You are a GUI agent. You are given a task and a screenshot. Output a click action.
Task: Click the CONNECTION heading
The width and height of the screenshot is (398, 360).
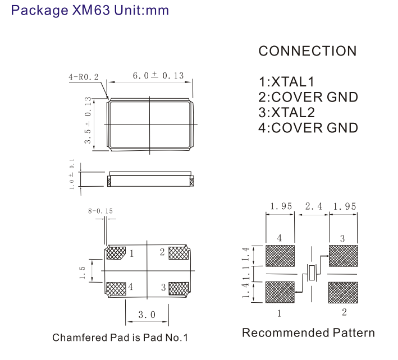coord(307,51)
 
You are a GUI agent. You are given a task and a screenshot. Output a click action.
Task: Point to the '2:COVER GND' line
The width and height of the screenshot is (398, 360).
coord(308,97)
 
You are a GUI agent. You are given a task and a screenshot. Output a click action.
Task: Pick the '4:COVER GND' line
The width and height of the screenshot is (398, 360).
coord(308,127)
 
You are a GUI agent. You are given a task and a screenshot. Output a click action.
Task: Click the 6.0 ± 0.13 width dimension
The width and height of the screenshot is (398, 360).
coord(158,76)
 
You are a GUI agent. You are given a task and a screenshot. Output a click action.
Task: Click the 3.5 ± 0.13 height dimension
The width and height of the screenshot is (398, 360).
coord(88,121)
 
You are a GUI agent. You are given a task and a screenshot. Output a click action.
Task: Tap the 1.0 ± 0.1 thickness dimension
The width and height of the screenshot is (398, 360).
coord(72,174)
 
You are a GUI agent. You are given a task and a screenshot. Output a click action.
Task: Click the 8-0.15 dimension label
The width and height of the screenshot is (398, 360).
coord(100,211)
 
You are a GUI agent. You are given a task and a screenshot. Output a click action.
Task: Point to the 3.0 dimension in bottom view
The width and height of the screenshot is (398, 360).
coord(147,315)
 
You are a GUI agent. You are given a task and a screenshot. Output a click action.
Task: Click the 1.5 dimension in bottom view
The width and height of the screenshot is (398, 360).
coord(83,272)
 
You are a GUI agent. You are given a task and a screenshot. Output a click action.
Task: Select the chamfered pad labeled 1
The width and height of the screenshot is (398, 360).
coord(116,253)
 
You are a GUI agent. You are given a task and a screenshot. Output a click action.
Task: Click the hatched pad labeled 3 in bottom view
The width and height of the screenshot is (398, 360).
coord(179,288)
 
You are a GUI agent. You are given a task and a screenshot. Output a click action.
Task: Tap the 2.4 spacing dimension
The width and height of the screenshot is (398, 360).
coord(313,206)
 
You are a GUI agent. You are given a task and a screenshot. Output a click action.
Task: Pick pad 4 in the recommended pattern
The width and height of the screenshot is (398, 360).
coord(280,256)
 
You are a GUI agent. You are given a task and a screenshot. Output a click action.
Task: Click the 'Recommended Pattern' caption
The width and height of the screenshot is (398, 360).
coord(308,333)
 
